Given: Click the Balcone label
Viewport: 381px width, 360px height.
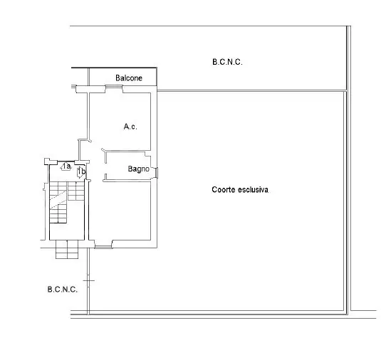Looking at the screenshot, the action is point(129,78).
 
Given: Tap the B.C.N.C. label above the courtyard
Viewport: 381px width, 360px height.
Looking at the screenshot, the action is point(227,62).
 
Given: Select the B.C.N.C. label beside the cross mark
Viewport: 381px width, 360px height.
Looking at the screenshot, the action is point(63,290).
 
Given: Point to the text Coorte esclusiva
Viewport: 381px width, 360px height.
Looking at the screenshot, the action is point(240,189).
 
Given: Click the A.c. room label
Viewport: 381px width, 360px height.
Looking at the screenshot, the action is point(130,127).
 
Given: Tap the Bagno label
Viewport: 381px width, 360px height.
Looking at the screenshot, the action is point(138,169).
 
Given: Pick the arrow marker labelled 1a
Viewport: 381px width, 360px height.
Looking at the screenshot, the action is point(66,166).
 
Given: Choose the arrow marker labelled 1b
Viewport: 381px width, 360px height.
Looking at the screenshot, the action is point(81,172).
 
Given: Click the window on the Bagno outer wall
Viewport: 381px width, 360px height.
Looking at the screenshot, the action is point(157,172).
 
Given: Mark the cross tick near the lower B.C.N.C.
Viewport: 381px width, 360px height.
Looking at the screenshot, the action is point(89,280).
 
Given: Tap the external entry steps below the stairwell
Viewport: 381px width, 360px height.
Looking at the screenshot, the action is point(67,249).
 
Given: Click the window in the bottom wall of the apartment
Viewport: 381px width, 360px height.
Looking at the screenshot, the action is point(103,247).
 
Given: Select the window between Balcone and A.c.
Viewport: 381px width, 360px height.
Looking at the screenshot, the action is point(114,86).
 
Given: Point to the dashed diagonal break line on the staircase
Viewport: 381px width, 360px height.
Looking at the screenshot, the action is point(58,199).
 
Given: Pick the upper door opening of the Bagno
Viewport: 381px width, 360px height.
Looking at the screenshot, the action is point(105,156).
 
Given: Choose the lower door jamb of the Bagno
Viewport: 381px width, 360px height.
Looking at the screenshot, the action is point(105,177).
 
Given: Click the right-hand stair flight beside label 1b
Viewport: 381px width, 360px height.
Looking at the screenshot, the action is point(75,191).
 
